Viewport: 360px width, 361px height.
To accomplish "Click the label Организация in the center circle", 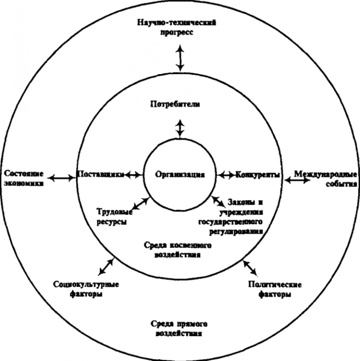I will click(180, 175).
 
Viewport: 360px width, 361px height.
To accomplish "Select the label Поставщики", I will click(100, 175).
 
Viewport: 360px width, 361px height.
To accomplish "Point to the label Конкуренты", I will click(258, 175).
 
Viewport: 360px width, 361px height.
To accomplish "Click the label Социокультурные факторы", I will click(86, 289).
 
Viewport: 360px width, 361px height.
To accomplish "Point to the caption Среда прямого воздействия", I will click(180, 329).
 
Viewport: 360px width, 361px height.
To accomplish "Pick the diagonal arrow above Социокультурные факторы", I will click(106, 266).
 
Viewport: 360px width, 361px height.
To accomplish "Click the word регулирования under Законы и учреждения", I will click(233, 230).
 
